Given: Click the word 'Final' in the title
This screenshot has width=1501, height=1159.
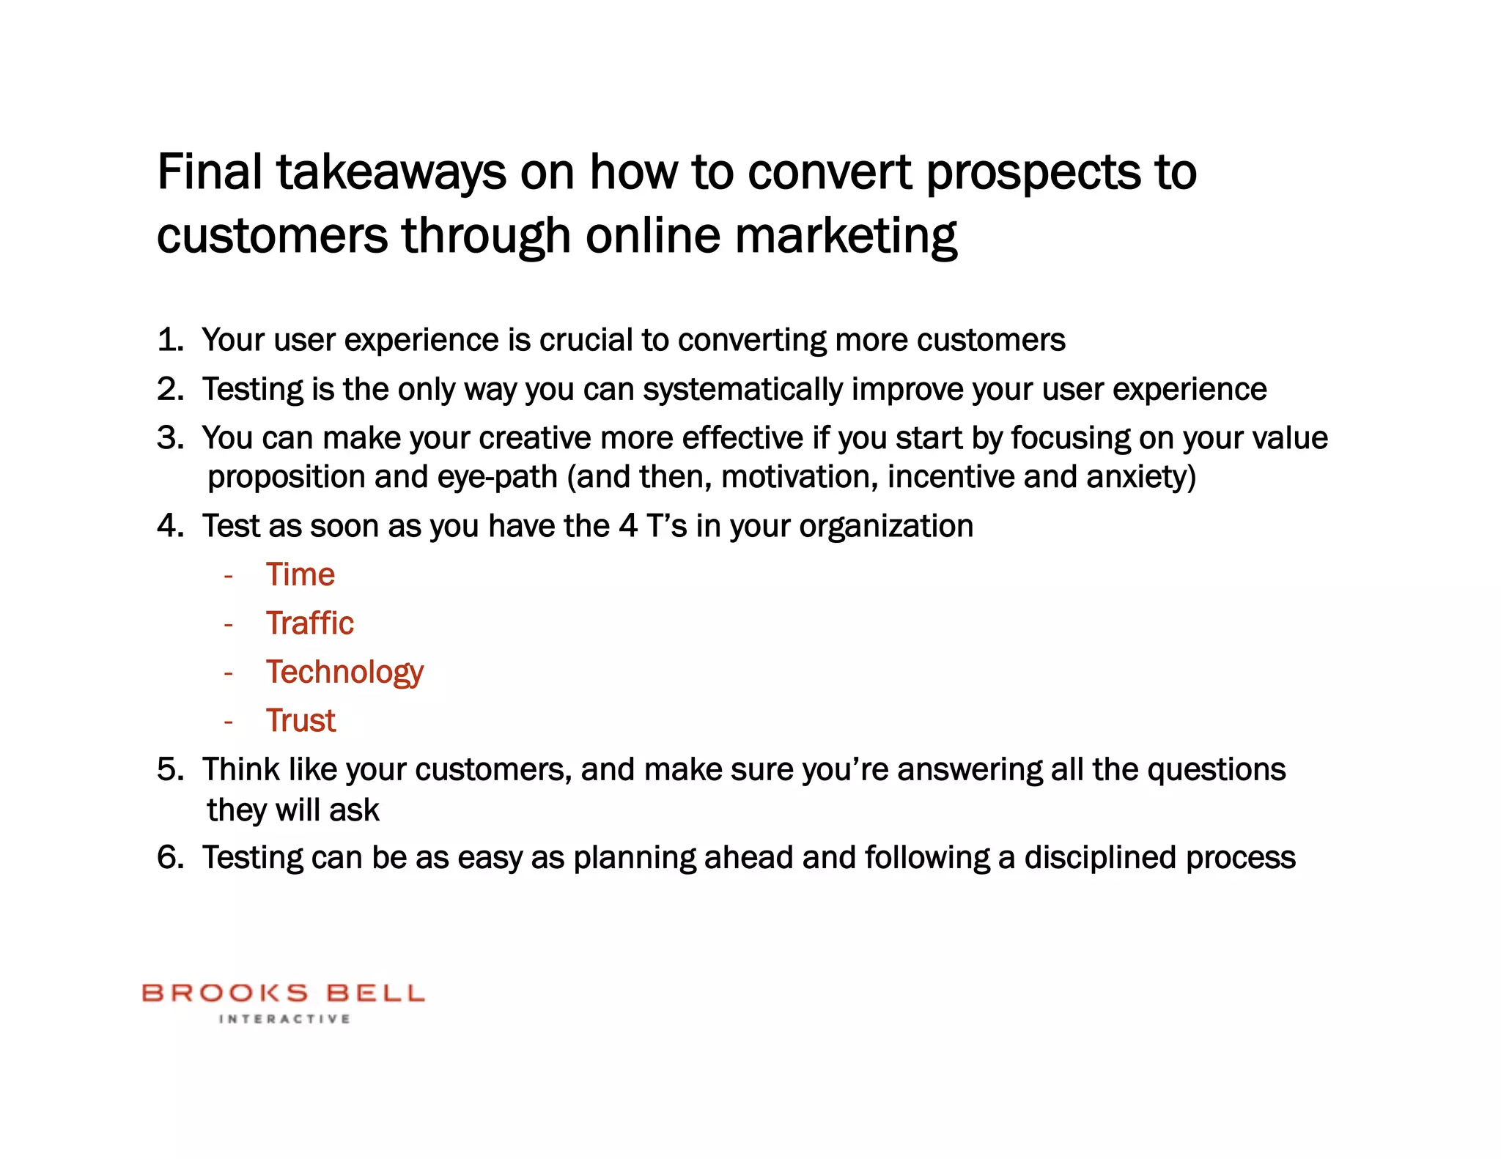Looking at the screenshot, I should click(210, 173).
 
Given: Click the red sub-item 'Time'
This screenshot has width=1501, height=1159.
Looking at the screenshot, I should click(300, 574).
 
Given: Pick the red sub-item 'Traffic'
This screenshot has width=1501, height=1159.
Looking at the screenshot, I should click(309, 623).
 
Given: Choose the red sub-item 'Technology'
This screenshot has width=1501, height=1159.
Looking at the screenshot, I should click(344, 673).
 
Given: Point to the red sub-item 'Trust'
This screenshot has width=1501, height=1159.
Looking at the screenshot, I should click(300, 721).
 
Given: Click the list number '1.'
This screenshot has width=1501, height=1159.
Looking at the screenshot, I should click(170, 340).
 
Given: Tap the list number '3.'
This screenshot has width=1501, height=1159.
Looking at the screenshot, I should click(170, 438).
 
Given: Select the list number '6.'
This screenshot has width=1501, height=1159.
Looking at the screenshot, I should click(170, 858).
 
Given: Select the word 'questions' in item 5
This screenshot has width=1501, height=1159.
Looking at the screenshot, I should click(1216, 770).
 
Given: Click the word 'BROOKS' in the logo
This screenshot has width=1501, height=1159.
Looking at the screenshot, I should click(225, 993).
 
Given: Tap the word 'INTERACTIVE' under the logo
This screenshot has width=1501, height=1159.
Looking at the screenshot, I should click(284, 1019).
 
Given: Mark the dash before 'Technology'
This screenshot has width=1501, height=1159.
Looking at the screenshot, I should click(229, 673).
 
